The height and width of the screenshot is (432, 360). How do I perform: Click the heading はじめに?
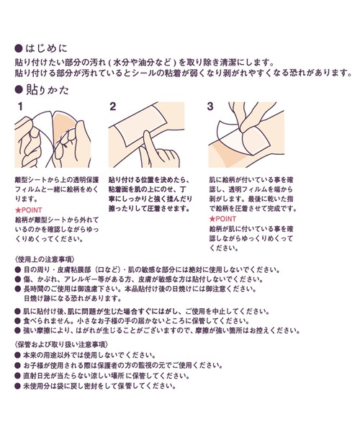click(46, 48)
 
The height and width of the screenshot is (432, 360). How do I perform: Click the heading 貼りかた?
click(47, 90)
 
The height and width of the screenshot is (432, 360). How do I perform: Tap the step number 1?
click(20, 107)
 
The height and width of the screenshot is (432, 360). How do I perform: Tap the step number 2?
click(112, 107)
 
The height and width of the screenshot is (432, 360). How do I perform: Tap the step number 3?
click(210, 107)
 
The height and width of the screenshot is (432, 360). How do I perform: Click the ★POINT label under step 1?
click(29, 210)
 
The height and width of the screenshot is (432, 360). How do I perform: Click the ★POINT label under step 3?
click(222, 219)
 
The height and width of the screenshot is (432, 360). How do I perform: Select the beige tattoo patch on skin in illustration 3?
click(226, 154)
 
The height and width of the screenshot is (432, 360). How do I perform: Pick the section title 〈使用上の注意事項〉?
click(45, 259)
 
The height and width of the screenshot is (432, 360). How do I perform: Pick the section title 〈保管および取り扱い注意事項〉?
click(61, 344)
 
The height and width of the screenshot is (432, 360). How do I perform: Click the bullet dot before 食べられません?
click(18, 321)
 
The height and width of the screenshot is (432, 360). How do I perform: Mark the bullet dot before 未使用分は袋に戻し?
click(18, 386)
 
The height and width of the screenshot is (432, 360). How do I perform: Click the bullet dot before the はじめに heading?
click(18, 49)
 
